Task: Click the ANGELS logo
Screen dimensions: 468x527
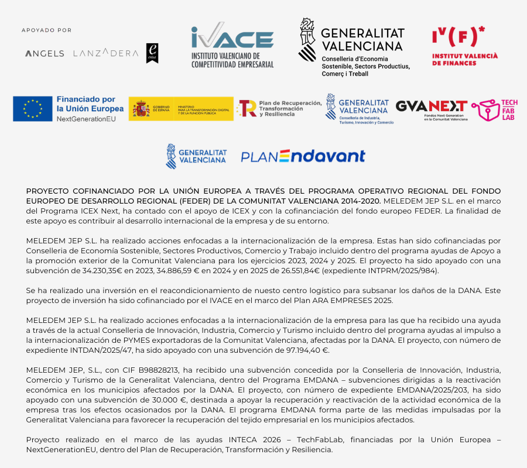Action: [45, 53]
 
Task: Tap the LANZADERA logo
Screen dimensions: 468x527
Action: [106, 53]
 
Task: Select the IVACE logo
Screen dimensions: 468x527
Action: [232, 45]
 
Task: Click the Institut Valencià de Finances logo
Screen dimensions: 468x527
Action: [464, 46]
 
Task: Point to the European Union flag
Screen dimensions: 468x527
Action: [33, 109]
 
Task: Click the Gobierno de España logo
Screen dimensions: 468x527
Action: [180, 109]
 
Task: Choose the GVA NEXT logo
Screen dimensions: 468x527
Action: [432, 109]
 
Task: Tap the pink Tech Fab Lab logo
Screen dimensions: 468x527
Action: [495, 109]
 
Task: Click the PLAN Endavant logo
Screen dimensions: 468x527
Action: [303, 156]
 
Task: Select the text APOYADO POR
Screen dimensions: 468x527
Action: [46, 30]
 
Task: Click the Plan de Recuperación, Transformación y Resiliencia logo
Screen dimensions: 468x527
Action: [279, 108]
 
